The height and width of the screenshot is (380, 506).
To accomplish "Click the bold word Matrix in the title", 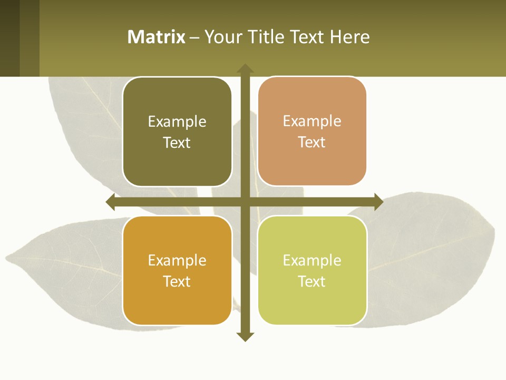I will pos(157,37).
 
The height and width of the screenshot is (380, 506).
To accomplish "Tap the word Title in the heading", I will pos(267,37).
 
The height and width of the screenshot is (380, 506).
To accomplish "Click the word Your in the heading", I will pos(223,37).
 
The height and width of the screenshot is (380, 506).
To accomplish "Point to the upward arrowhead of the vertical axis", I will pos(245,69).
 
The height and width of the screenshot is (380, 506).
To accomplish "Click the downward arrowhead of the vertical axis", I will pos(245,336).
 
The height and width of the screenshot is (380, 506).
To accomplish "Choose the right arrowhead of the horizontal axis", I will pos(378,202).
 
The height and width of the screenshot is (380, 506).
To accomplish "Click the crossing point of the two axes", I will pos(245,202).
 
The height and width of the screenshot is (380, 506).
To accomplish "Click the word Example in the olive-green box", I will pos(177,121).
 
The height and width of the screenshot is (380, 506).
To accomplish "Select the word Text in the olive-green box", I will pos(177,142).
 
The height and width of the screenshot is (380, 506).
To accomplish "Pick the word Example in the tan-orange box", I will pos(312,121).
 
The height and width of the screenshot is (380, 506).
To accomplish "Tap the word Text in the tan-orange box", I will pos(312,142).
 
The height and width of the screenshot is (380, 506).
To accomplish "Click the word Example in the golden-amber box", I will pos(177,260).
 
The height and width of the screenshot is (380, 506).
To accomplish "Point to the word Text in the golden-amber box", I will pos(177,281).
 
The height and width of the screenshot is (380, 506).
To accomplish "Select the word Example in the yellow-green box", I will pos(312,260).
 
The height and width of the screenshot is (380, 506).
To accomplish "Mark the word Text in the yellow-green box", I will pos(312,281).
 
